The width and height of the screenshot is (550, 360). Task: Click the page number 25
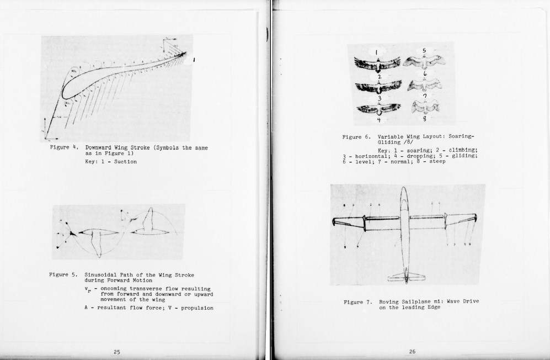117,352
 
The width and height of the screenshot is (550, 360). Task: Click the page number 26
412,352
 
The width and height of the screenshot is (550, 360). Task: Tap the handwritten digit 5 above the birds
424,51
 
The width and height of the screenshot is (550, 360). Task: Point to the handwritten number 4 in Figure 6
379,119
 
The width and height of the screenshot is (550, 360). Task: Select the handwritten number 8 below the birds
425,119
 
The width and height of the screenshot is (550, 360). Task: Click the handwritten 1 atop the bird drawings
376,52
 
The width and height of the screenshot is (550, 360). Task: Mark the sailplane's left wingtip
334,222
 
